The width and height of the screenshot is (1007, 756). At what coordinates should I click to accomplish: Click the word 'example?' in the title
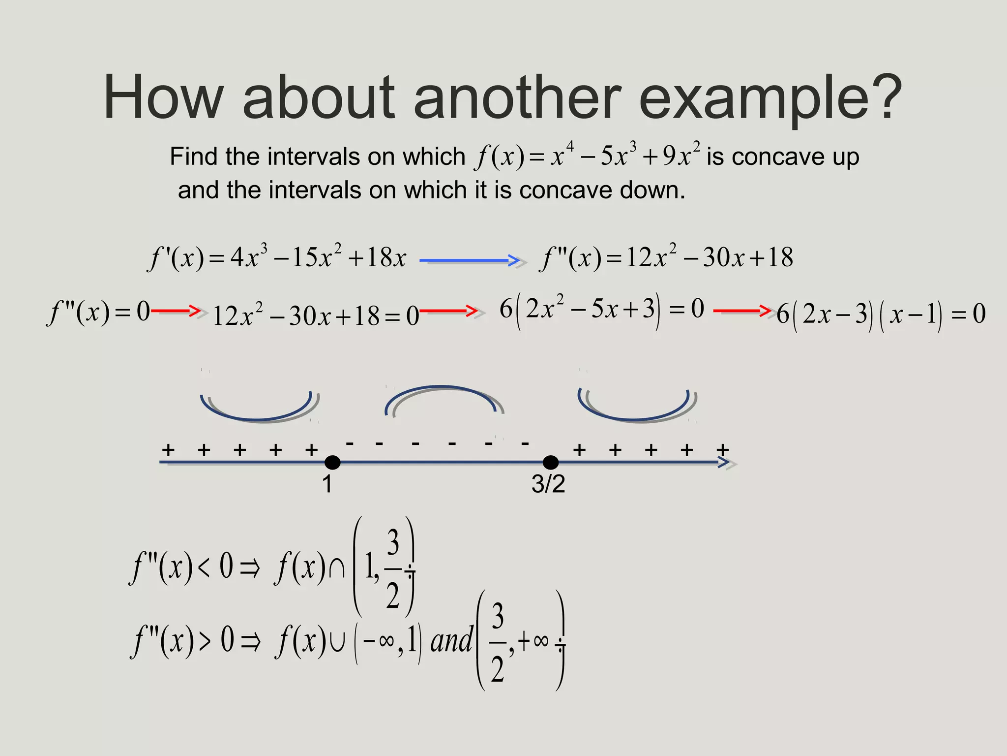[770, 98]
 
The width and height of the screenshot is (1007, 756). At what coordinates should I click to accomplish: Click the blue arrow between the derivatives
[470, 260]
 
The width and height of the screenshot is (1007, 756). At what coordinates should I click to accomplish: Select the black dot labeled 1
[332, 463]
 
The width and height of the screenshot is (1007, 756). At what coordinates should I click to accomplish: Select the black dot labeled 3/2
[551, 463]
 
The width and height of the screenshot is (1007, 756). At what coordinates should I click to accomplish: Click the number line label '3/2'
[548, 484]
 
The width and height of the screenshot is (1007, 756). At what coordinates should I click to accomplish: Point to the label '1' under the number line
[327, 484]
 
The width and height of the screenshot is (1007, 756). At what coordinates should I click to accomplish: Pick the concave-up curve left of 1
[257, 411]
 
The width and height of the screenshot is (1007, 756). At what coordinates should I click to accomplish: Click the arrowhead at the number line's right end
[724, 462]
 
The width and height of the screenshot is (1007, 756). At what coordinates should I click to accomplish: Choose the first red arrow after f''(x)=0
[176, 311]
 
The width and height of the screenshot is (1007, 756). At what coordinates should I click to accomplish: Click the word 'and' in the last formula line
[451, 640]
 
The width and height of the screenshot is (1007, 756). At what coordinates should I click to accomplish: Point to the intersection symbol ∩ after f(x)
[337, 568]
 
